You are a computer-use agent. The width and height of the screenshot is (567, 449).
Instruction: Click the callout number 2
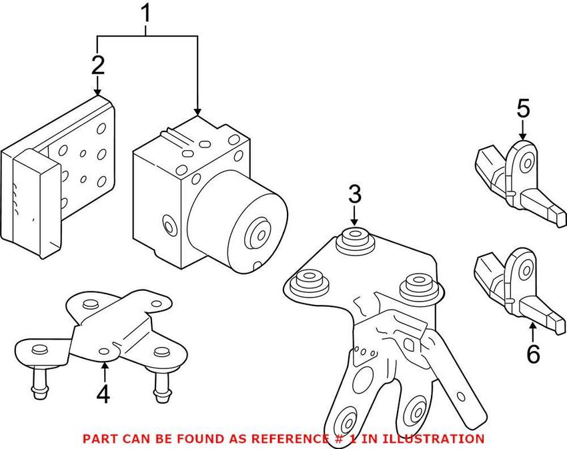tap(98, 65)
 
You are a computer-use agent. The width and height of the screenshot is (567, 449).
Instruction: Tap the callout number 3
tap(354, 195)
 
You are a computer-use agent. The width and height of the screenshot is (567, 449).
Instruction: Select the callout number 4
tap(102, 394)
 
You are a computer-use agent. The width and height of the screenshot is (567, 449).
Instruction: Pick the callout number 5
tap(523, 108)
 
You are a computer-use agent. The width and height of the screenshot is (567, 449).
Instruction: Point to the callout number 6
tap(533, 354)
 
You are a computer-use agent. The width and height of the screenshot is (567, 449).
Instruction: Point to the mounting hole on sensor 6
tap(526, 271)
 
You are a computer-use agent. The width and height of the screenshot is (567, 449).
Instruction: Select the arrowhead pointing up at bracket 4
tap(104, 364)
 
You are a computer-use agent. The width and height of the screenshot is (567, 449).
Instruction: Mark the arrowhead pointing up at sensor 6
tap(532, 326)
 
